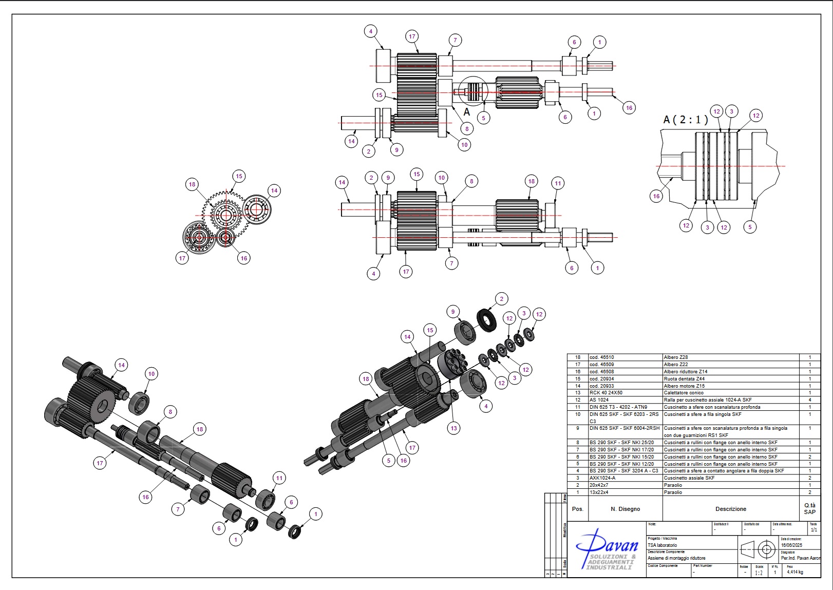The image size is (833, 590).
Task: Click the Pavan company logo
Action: point(607,550)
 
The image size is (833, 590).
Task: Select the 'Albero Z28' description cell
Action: point(675,357)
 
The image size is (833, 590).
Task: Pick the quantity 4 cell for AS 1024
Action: point(810,400)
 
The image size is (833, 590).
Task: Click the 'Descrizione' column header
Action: point(730,509)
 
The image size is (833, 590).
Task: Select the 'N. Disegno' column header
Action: point(625,509)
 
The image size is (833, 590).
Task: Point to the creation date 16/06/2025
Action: point(791,545)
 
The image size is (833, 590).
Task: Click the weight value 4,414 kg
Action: point(794,572)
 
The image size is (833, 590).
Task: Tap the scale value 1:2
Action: point(759,573)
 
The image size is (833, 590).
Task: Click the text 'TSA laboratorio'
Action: point(662,545)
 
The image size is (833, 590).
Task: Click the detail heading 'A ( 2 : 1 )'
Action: point(686,120)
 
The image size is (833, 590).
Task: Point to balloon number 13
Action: point(453,428)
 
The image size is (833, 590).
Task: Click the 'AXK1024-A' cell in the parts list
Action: point(601,478)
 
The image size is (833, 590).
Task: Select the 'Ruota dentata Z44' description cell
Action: point(684,379)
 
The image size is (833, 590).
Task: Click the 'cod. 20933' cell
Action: point(601,386)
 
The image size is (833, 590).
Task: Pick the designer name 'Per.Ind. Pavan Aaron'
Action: point(801,558)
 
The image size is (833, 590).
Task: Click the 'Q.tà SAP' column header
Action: point(809,509)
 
